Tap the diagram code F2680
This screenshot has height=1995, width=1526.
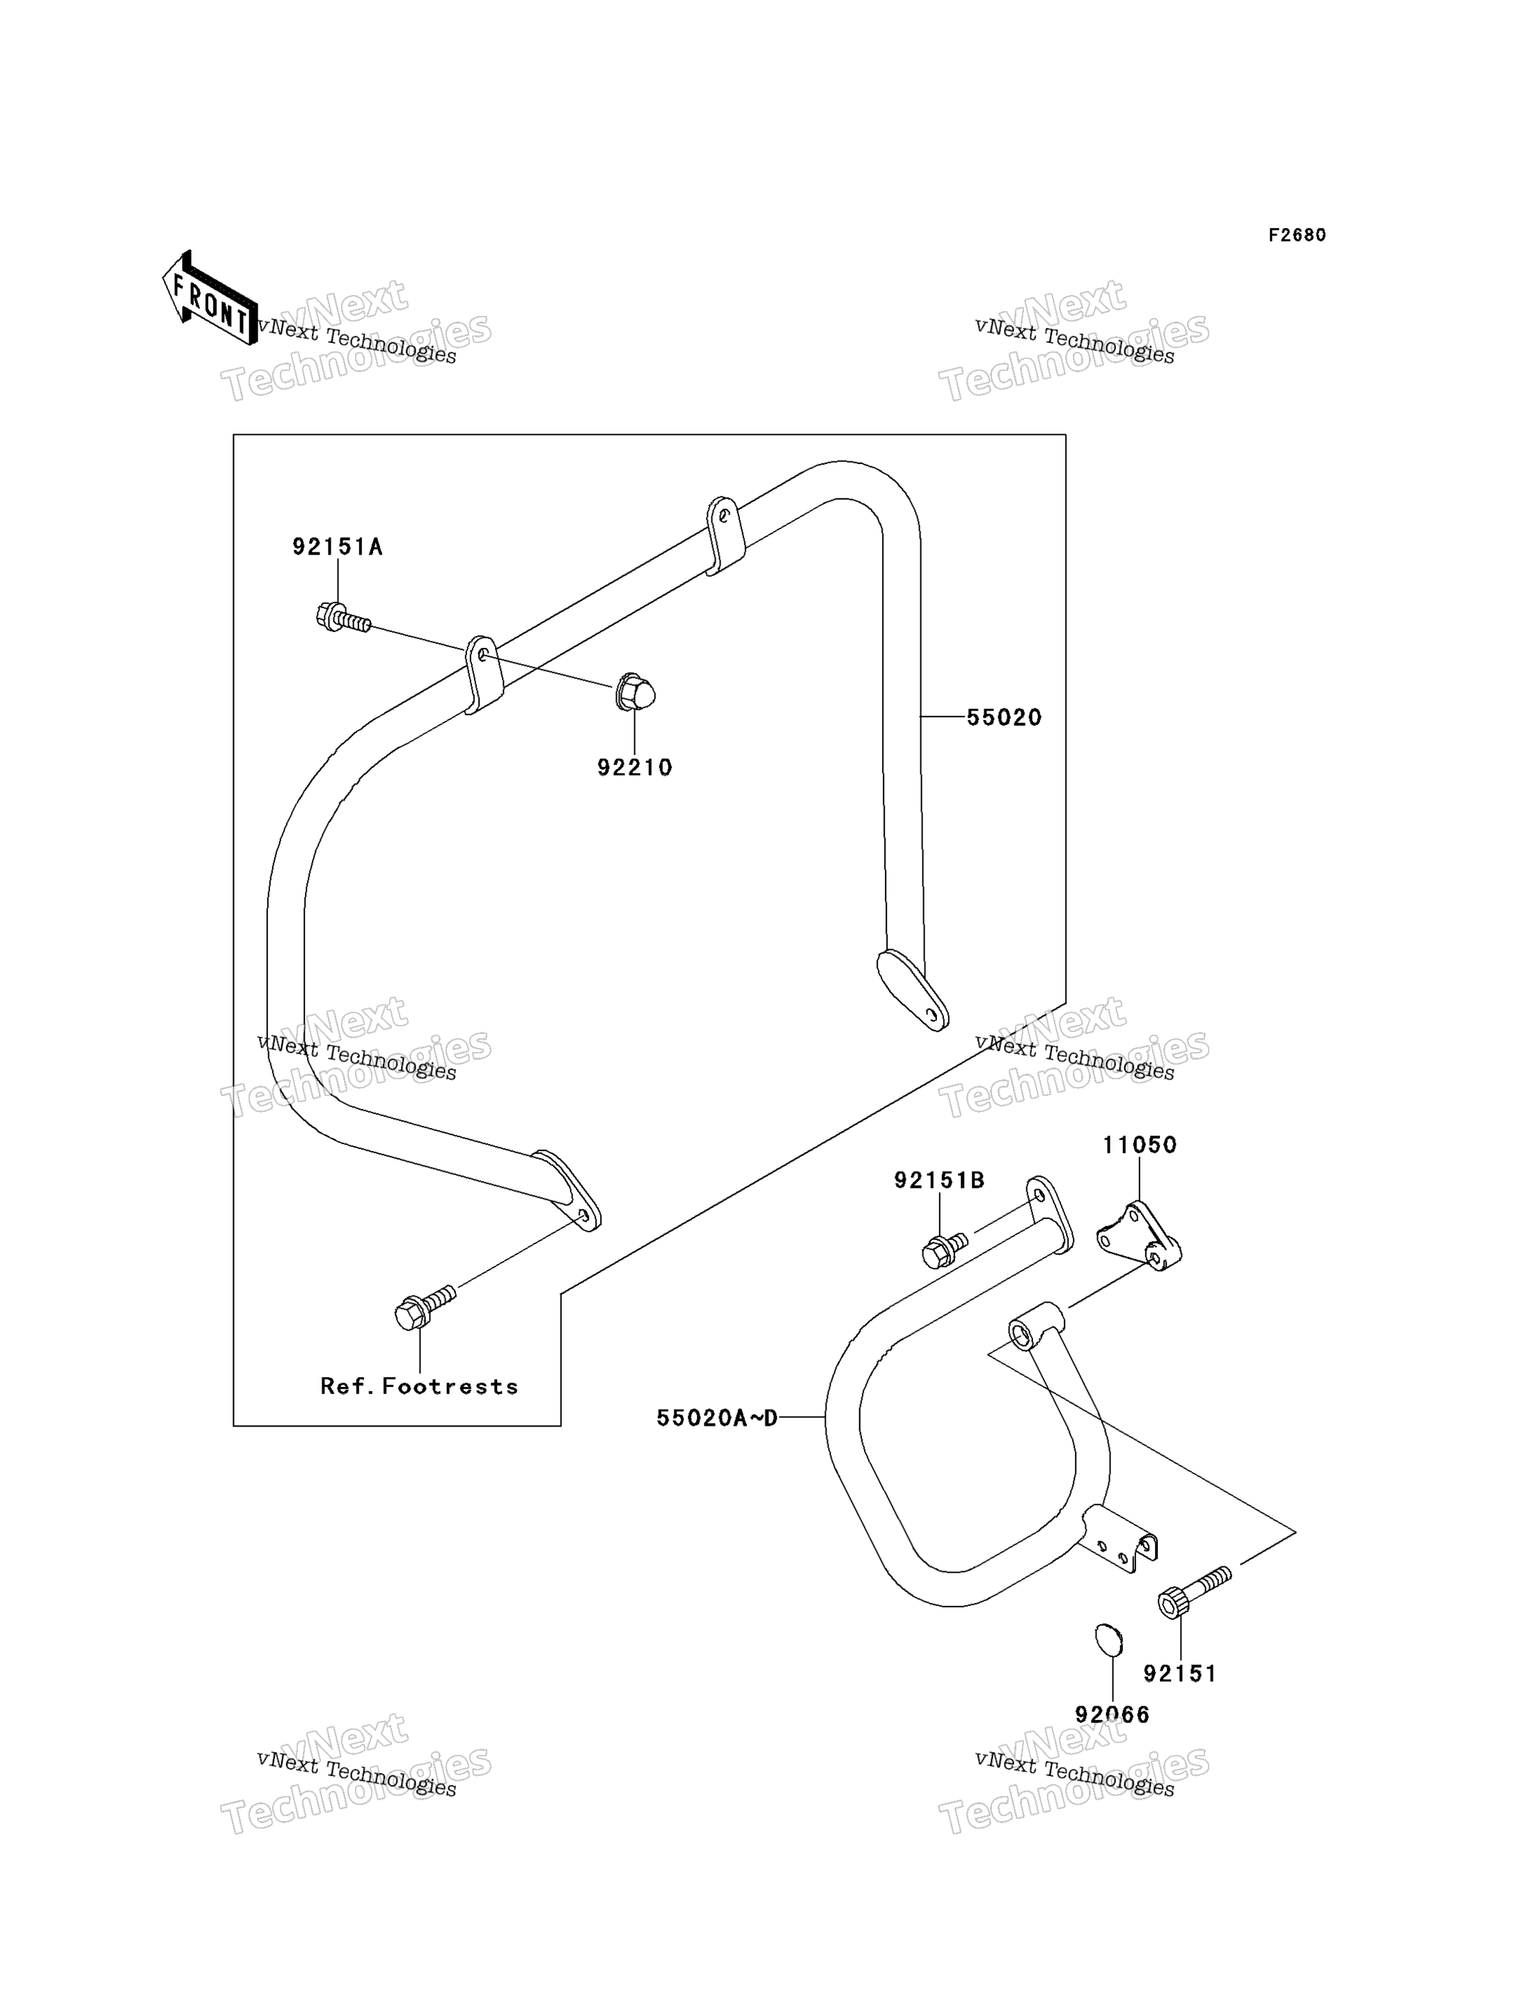pyautogui.click(x=1297, y=235)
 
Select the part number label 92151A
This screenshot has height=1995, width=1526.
pyautogui.click(x=337, y=547)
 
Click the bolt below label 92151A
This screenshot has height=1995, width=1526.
pyautogui.click(x=343, y=619)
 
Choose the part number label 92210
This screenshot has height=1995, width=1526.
pyautogui.click(x=635, y=768)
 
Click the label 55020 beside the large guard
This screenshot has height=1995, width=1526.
pyautogui.click(x=1004, y=717)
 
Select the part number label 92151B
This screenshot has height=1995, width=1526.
pyautogui.click(x=939, y=1179)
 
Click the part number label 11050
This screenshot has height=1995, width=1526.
pyautogui.click(x=1140, y=1145)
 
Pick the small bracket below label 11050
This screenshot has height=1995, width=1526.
pyautogui.click(x=1139, y=1237)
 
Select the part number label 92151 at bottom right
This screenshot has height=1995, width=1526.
pyautogui.click(x=1180, y=1674)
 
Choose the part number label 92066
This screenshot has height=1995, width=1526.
pyautogui.click(x=1112, y=1715)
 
